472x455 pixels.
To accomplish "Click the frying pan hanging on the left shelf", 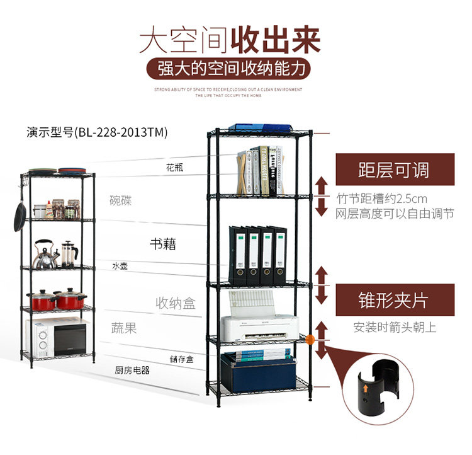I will point(20,214).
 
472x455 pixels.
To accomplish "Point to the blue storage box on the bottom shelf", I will point(259,373).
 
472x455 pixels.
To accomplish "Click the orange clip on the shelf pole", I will point(310,341).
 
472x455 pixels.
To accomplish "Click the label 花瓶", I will point(175,168).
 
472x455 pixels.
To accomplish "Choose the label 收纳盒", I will point(176,303).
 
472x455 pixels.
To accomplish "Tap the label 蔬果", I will point(124,328).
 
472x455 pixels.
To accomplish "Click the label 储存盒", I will point(181,359).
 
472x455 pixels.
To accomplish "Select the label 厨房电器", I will point(132,371).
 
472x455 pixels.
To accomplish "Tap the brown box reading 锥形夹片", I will point(394,300).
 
